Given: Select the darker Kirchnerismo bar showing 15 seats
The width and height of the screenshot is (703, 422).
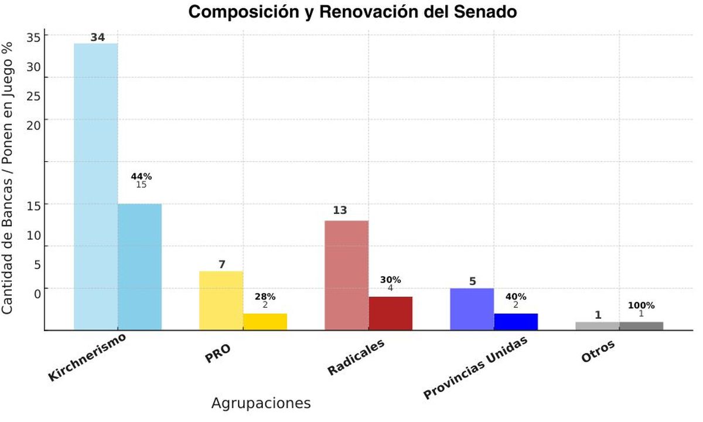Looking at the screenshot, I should (139, 267).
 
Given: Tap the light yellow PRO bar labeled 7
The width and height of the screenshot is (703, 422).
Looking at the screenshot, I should (221, 300).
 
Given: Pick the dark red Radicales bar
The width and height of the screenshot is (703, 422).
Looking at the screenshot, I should (390, 313).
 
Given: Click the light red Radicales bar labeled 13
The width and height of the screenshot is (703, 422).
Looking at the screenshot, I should (346, 275).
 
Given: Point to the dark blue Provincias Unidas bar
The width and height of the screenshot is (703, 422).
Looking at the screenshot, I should (516, 322).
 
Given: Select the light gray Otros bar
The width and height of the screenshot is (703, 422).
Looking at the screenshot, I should (597, 326).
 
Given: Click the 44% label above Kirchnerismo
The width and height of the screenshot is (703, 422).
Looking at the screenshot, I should (141, 176).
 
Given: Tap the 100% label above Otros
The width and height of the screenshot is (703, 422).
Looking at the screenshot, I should (641, 305).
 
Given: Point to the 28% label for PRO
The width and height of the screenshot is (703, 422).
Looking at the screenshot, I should (265, 297).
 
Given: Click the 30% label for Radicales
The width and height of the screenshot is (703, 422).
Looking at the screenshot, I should (390, 280).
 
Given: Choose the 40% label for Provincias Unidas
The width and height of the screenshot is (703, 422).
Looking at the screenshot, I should (516, 297).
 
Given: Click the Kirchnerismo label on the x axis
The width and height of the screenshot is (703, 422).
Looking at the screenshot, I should (88, 357).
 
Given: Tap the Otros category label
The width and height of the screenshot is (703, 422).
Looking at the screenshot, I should (598, 352).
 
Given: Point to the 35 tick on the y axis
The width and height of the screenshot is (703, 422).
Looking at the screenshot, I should (33, 37).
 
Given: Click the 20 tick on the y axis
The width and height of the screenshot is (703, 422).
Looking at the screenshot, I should (33, 125).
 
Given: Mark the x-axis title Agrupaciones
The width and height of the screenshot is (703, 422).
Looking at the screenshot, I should (261, 403).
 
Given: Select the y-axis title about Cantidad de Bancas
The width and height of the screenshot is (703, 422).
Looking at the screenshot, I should (8, 177).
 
